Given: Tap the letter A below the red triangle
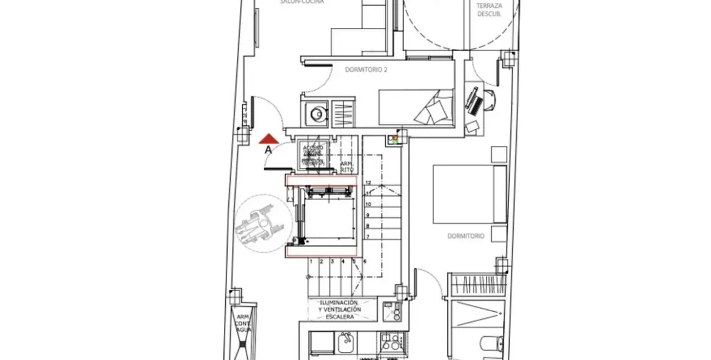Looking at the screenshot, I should pos(269,149).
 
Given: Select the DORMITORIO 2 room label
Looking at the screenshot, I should pos(366,70).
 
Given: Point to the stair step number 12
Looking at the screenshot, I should pos(368,182).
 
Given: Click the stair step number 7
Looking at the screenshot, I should pos(368,236).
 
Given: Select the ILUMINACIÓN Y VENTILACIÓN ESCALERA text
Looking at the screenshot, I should pos(339,309).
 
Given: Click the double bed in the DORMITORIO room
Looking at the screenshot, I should pos(469,194).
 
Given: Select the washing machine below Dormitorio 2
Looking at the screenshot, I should pos(317,113).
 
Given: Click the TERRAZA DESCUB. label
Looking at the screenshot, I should pos(489,9).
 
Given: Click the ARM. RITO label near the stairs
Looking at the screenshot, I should pos(346,167).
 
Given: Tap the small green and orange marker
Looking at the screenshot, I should pos(395,139).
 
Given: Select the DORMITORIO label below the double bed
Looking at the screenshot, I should pos(466,236).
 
